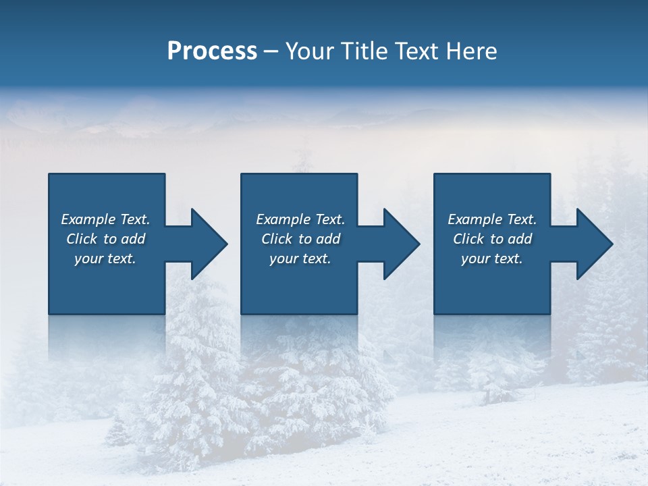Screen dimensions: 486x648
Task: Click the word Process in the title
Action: click(x=212, y=51)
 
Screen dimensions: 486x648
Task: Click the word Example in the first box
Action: click(x=88, y=219)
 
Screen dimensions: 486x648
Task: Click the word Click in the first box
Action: click(x=82, y=239)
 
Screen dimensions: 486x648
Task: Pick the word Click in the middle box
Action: click(x=277, y=239)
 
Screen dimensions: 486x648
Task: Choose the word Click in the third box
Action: click(x=468, y=239)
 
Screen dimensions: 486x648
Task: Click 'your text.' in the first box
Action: click(x=105, y=259)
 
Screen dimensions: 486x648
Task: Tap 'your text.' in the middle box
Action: click(x=300, y=259)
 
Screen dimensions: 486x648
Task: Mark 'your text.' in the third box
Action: click(x=492, y=259)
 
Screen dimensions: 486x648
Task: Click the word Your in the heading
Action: click(x=308, y=51)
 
